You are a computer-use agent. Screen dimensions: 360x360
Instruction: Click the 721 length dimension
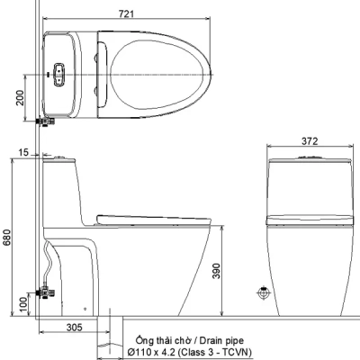coord(126,13)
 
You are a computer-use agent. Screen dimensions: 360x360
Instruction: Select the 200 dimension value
coord(20,97)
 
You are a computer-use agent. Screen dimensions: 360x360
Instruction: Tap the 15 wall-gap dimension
coord(23,152)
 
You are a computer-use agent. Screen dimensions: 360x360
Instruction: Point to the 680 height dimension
coord(6,238)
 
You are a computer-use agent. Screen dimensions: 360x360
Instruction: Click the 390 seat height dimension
coord(216,271)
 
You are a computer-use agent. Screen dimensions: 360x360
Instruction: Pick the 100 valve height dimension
coord(23,305)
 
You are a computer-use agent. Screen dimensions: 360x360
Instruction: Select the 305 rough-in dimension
coord(74,327)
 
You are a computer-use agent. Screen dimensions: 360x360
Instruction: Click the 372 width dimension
coord(310,141)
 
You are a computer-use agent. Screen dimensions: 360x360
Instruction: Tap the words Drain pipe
coord(221,341)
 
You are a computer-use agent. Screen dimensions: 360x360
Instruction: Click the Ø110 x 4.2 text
coord(151,352)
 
